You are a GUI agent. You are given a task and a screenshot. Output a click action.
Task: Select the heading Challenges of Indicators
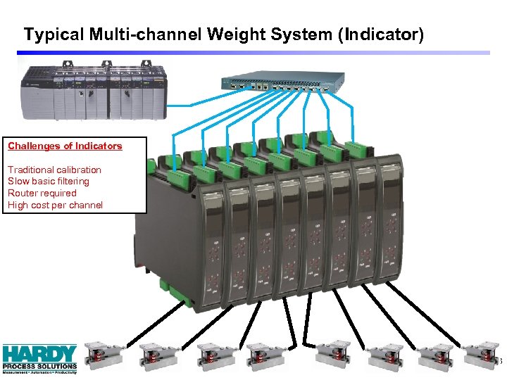(x=65, y=146)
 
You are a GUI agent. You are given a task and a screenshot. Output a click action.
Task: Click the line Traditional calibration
(x=54, y=170)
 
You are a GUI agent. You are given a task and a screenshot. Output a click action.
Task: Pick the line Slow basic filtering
(x=49, y=182)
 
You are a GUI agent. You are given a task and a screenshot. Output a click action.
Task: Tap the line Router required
(x=42, y=194)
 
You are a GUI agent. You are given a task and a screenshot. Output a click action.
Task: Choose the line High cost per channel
(x=55, y=205)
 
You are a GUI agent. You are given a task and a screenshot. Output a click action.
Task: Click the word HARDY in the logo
(x=39, y=353)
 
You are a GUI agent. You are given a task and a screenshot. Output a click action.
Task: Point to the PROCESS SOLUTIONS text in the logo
(x=39, y=366)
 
